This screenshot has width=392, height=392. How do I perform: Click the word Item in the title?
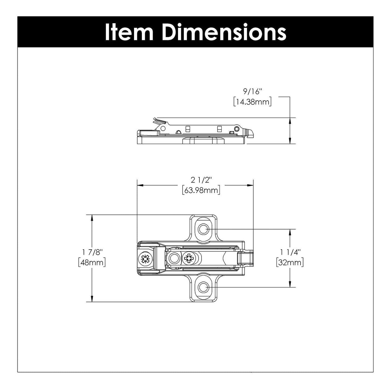129,32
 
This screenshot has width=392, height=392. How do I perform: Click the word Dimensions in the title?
224,32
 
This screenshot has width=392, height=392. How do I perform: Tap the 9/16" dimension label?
252,92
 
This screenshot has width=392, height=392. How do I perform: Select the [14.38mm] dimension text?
252,102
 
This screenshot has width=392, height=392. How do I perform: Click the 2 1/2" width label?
201,180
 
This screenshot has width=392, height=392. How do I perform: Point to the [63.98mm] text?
201,190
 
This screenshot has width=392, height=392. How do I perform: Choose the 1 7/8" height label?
92,252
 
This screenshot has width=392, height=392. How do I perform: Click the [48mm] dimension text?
92,263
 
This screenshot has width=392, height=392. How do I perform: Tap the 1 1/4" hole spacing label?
290,252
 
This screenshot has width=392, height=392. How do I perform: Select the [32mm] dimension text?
290,263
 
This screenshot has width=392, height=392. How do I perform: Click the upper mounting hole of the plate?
203,229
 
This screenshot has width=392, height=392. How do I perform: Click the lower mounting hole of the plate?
203,287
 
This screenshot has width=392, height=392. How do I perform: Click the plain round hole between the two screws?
174,258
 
